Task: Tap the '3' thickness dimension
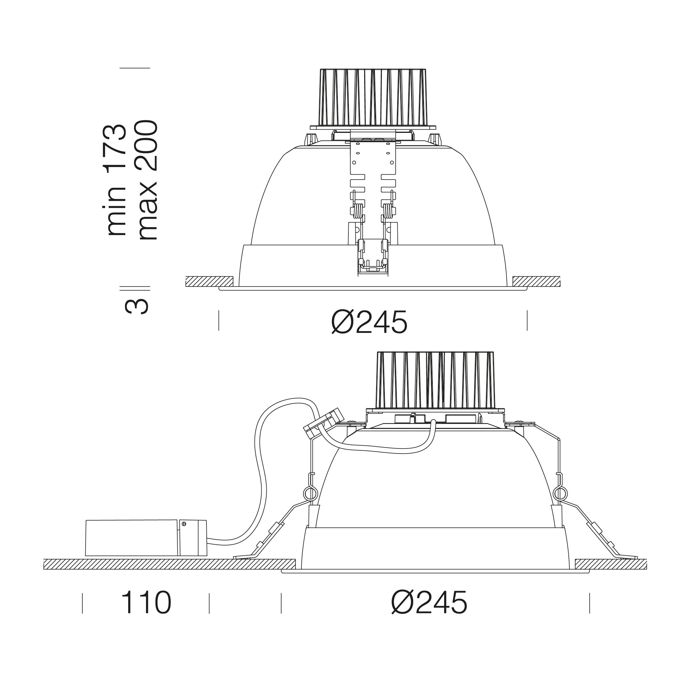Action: [x=136, y=306]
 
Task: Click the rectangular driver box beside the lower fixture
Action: [x=146, y=538]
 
